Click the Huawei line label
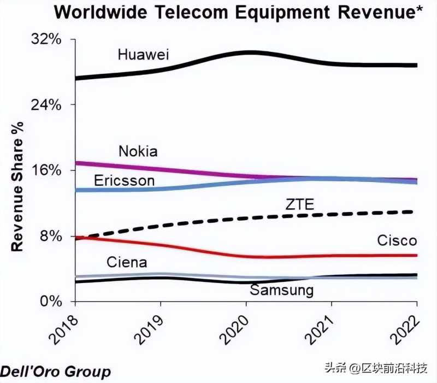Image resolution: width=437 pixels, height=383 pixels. (x=144, y=55)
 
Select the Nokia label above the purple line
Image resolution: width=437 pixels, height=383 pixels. (x=138, y=151)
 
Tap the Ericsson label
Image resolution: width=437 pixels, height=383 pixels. (x=124, y=180)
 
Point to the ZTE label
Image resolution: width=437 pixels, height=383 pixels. (x=299, y=205)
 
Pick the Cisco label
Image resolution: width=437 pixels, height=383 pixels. (x=397, y=240)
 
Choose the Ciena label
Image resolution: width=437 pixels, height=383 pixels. (x=127, y=262)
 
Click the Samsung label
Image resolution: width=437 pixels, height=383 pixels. (x=282, y=290)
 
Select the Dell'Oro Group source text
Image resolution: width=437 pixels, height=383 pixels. (x=56, y=372)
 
